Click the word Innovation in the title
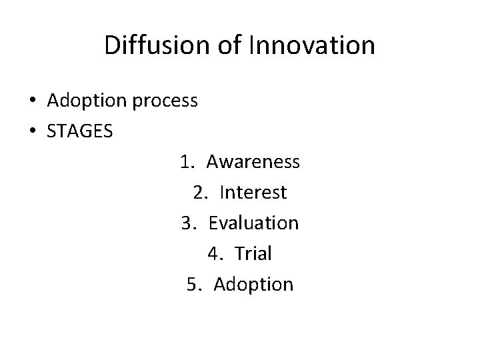click(311, 45)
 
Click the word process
click(165, 102)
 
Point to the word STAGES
click(80, 131)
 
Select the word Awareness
click(253, 162)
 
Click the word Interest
click(253, 193)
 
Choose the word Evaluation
click(253, 223)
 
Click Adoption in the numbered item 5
click(253, 285)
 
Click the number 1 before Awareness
click(185, 162)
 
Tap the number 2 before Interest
click(199, 193)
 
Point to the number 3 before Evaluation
click(187, 223)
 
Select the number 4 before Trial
click(213, 254)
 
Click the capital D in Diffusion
click(112, 45)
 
